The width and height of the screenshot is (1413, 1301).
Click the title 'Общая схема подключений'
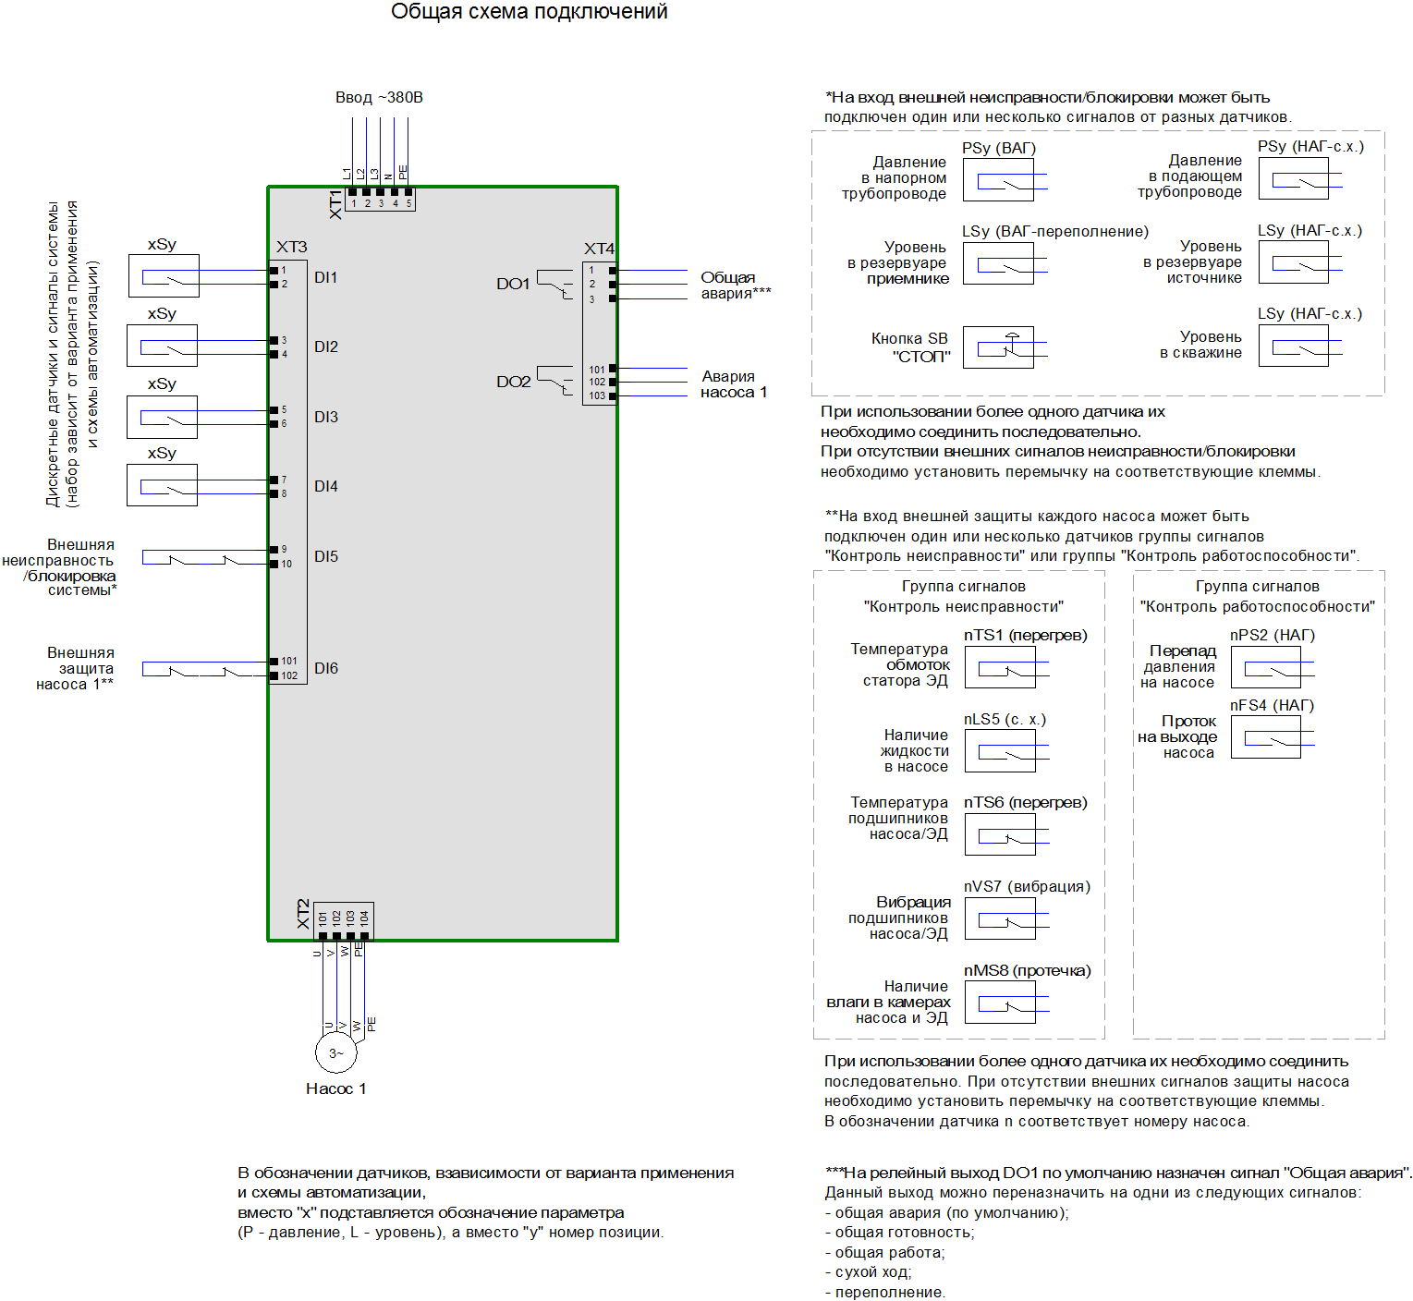(529, 12)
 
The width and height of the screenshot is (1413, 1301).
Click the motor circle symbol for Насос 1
(335, 1052)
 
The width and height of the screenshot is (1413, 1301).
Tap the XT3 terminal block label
(291, 247)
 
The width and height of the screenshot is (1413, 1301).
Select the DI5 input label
(326, 556)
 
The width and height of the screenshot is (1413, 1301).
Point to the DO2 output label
(513, 382)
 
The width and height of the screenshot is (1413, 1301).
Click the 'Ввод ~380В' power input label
(379, 97)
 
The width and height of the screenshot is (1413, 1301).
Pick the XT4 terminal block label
(599, 249)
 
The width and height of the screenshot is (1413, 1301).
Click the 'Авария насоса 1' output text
(733, 384)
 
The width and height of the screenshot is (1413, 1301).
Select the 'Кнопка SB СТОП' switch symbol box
(998, 347)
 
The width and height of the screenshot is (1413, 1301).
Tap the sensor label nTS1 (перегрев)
(1025, 635)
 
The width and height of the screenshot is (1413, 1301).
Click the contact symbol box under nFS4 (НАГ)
(1265, 737)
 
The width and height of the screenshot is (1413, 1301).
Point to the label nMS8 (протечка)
(1027, 970)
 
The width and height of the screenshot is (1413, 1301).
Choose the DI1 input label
(325, 277)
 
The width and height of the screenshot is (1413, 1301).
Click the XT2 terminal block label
(303, 914)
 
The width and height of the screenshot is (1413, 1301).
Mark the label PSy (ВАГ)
(998, 148)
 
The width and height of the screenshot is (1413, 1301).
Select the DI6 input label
(326, 668)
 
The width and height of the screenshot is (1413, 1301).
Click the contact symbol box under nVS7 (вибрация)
(1000, 918)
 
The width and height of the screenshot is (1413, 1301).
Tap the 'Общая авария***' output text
(735, 286)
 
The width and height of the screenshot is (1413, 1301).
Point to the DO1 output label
(513, 284)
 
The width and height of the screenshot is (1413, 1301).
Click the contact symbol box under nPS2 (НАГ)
(1265, 667)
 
